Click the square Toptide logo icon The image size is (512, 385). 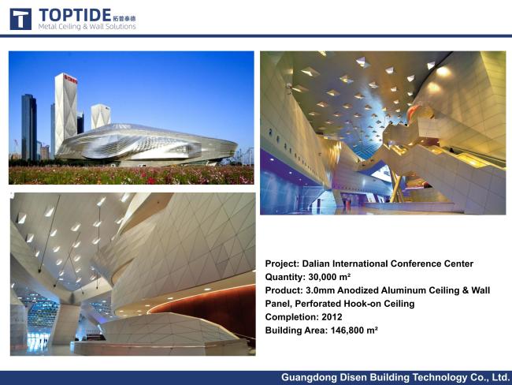20,19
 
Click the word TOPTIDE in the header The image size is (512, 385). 76,15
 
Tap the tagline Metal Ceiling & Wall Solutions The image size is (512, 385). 87,27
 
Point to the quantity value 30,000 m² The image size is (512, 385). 329,277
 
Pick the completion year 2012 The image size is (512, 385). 332,317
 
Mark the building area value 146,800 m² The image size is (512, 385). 354,331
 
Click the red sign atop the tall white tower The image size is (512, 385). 71,79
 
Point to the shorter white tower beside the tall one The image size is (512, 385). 100,115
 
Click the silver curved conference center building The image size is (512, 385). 147,144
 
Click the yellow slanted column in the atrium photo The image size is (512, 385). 396,185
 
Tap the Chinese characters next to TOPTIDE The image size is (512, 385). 124,19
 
